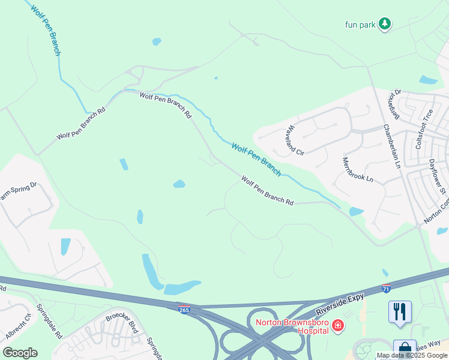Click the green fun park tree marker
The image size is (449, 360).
(x=385, y=24)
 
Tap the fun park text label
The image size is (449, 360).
(x=360, y=25)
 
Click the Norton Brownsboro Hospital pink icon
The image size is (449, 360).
(x=338, y=326)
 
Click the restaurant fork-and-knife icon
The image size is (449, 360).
(x=400, y=311)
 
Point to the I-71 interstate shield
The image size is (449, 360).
(x=386, y=289)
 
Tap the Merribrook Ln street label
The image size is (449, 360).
(x=357, y=170)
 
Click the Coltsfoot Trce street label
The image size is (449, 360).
(x=424, y=129)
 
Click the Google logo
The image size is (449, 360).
(x=20, y=353)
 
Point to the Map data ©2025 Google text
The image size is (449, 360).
(x=412, y=356)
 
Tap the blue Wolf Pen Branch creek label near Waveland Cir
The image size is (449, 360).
(x=256, y=159)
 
